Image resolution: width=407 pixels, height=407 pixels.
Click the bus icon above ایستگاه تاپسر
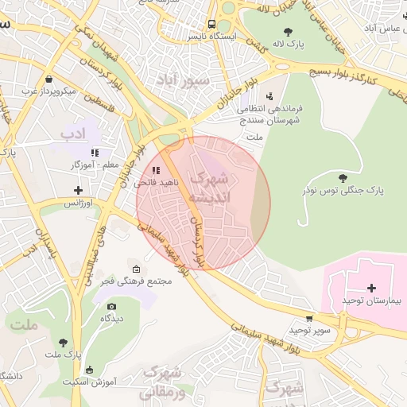point(211,24)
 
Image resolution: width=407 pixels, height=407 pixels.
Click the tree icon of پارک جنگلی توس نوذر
point(343,177)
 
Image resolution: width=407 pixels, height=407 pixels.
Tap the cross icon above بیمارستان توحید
point(372,287)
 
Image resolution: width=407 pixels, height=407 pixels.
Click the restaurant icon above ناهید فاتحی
point(156,169)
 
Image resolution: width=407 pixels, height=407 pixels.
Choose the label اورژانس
point(79,203)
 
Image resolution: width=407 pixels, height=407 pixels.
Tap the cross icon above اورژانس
point(78,190)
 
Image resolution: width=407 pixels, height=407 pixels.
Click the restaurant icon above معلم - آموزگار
point(95,152)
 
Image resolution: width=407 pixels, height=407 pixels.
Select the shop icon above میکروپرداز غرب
point(49,79)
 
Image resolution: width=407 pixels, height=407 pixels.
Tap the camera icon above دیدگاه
point(111,306)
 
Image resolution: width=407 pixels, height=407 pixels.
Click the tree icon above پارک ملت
point(63,342)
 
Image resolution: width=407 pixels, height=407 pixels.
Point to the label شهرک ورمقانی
point(162,382)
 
